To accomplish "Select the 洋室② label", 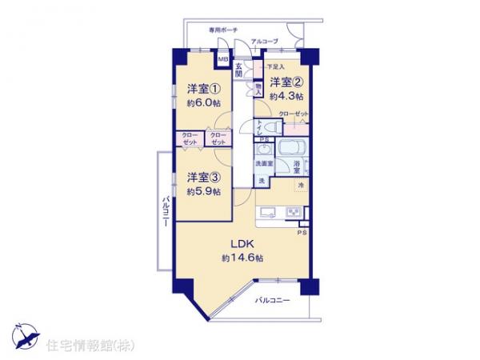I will click(x=286, y=83).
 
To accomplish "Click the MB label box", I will click(x=223, y=58).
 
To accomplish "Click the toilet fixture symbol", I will click(x=264, y=126).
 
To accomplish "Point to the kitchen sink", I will click(x=268, y=212).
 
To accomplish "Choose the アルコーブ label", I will click(x=264, y=41).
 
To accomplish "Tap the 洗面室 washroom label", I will click(x=264, y=163).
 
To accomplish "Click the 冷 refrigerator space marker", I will click(x=301, y=185).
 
